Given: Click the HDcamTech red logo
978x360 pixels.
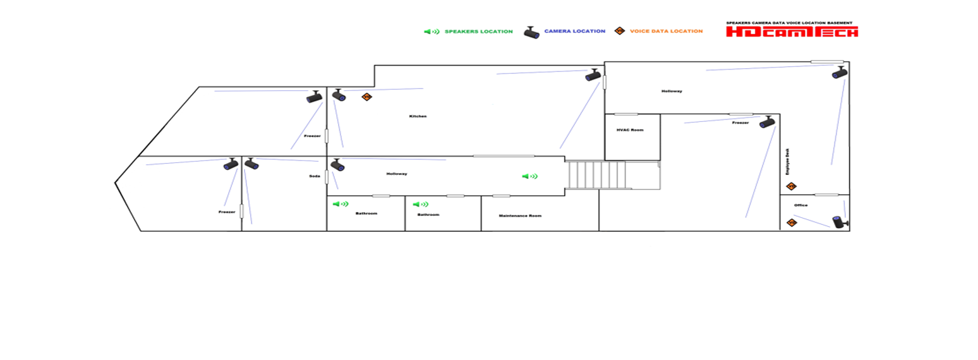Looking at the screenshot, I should pos(792,32).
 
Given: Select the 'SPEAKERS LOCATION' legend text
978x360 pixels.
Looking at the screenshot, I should pos(478,32).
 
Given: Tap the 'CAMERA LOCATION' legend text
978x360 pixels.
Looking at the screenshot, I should pos(574,31).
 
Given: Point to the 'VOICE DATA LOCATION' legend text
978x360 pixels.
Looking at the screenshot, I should pos(666,31).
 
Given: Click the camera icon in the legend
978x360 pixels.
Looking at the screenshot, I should pos(531,32).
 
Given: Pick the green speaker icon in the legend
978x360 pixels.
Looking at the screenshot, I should pos(432,32).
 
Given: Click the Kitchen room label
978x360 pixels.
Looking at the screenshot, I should pos(418,116).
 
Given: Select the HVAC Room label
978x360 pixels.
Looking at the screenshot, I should pos(629,130).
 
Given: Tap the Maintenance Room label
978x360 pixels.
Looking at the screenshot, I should pos(520,216).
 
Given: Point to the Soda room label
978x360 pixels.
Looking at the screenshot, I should pos(314,176).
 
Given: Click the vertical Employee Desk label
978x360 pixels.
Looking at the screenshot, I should pos(787,162).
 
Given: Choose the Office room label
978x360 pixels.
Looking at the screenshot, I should pos(800,205).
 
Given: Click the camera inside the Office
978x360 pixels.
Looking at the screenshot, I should pos(840,222).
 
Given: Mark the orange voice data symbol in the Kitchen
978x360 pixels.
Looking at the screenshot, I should pos(366,97).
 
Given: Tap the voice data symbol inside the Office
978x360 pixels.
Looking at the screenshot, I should pos(792,222).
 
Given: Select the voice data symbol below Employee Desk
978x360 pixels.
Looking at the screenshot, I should pos(791,186).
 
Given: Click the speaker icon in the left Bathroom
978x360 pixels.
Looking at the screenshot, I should pos(341,204).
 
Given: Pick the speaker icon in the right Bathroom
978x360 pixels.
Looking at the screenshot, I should pos(420,205).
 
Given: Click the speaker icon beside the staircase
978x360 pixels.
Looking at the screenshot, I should pos(529,176).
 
